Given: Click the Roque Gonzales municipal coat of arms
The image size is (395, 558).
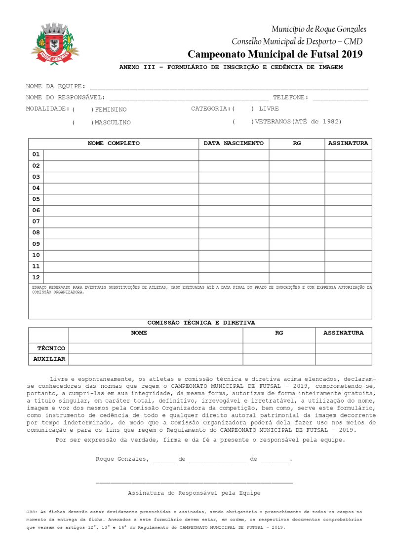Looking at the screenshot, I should click(54, 43).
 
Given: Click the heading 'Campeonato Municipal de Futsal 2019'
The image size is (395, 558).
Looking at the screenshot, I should click(275, 54).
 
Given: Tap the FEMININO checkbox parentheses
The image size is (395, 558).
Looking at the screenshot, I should click(82, 110).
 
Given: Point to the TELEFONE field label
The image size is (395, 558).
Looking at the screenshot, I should click(291, 98).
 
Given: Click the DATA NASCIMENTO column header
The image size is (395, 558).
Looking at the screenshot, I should click(234, 144).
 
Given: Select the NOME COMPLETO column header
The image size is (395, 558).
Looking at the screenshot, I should click(114, 144).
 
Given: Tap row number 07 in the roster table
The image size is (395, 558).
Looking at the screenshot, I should click(36, 222).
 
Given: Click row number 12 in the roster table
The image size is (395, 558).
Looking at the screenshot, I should click(36, 277).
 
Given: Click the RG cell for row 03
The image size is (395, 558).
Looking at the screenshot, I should click(297, 177).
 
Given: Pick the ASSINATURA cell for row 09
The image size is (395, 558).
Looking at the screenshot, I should click(348, 244).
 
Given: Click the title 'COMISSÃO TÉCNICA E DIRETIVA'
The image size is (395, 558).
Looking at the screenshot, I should click(201, 323).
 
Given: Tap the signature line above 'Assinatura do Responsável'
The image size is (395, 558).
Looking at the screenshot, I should click(194, 482).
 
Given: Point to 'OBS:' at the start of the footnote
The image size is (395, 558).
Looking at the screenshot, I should click(32, 512).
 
